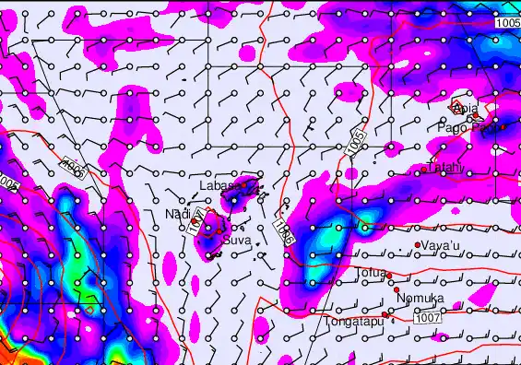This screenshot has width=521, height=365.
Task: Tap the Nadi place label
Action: [x=176, y=214]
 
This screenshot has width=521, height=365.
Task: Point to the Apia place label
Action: [x=467, y=109]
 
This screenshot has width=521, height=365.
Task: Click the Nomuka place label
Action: [x=420, y=298]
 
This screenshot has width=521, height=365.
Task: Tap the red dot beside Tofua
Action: [x=389, y=275]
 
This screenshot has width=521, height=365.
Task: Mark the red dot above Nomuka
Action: [x=397, y=289]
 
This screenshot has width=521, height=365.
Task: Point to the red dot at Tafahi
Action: [x=423, y=170]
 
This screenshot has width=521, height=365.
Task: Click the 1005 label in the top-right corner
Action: [x=506, y=22]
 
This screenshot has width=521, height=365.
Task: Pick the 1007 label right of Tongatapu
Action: [x=426, y=318]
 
